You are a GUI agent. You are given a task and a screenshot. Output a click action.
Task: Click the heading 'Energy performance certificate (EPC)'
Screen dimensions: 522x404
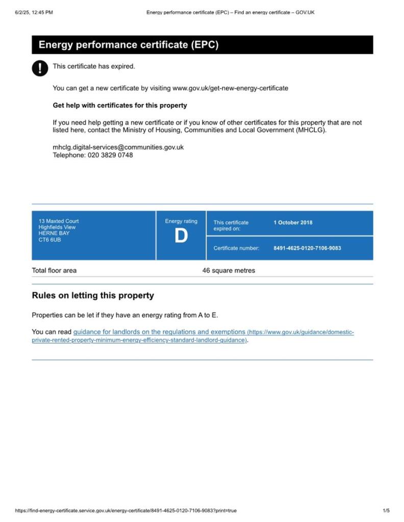tap(129, 45)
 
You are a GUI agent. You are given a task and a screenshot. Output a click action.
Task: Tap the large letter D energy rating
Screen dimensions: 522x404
tap(181, 237)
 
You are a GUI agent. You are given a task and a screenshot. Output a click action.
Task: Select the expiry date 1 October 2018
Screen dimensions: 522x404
tap(293, 222)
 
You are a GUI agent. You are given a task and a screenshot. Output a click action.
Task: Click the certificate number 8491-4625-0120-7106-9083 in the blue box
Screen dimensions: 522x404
tap(307, 248)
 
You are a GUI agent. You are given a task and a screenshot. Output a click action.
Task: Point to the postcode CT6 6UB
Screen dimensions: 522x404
tap(49, 240)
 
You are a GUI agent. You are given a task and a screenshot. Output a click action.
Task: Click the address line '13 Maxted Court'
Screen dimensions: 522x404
tap(59, 221)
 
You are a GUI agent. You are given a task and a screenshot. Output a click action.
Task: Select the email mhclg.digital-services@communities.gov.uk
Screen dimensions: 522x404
tap(118, 147)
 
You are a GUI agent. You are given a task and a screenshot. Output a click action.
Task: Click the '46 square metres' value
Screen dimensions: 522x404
tap(229, 270)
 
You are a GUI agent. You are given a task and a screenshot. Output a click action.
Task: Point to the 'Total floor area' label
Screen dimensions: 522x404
tap(54, 270)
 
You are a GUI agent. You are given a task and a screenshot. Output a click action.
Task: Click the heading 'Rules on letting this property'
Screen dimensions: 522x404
tap(93, 296)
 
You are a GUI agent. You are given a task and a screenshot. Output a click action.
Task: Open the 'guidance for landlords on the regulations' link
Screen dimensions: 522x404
tap(159, 332)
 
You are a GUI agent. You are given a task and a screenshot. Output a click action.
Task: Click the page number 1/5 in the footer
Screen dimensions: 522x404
tap(386, 510)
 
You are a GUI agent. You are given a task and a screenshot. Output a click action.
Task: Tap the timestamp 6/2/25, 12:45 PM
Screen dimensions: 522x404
tap(34, 12)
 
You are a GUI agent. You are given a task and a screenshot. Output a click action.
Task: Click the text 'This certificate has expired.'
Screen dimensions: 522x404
tap(94, 66)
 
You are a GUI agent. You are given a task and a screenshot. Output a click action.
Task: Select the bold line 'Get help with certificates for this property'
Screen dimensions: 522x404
tap(120, 106)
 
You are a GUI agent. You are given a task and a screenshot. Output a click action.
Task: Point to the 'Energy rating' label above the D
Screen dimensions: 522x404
tap(181, 221)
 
